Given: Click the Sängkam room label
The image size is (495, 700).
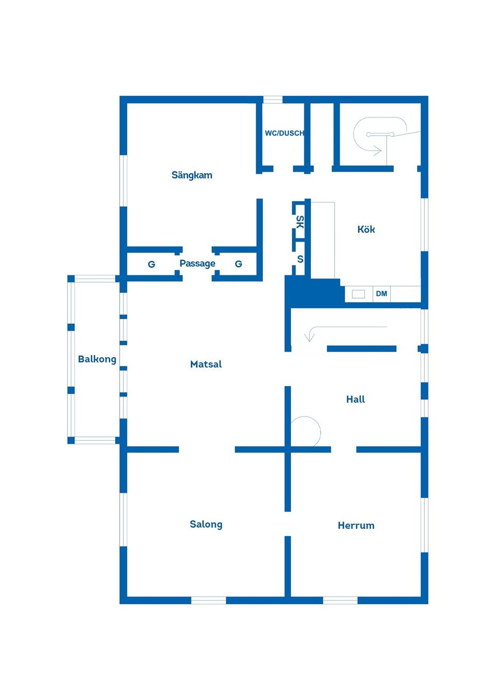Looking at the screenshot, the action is [192, 175].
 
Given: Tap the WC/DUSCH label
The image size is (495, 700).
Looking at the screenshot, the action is [284, 133].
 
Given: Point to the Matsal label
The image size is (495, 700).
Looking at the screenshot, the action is [206, 364].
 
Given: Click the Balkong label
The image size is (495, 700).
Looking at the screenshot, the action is [97, 359].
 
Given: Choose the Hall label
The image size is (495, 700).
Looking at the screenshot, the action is [355, 399].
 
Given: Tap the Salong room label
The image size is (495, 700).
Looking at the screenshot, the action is [206, 524].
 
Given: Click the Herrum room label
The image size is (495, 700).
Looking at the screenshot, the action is [356, 525].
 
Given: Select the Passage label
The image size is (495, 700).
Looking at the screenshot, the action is [197, 263].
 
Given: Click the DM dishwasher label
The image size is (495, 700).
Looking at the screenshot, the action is [381, 293].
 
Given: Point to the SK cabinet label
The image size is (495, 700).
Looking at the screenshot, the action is [300, 222].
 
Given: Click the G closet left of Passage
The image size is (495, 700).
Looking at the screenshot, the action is [151, 264].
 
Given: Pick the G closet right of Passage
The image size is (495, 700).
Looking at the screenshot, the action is [238, 264].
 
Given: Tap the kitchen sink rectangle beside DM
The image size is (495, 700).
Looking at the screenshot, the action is [358, 294].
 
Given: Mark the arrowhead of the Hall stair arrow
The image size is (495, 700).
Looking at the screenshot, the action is [309, 337].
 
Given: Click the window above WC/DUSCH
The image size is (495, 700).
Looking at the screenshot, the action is [272, 99].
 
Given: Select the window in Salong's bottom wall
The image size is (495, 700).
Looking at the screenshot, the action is [208, 601].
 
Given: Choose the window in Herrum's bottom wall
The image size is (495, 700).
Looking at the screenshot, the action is [340, 601].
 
